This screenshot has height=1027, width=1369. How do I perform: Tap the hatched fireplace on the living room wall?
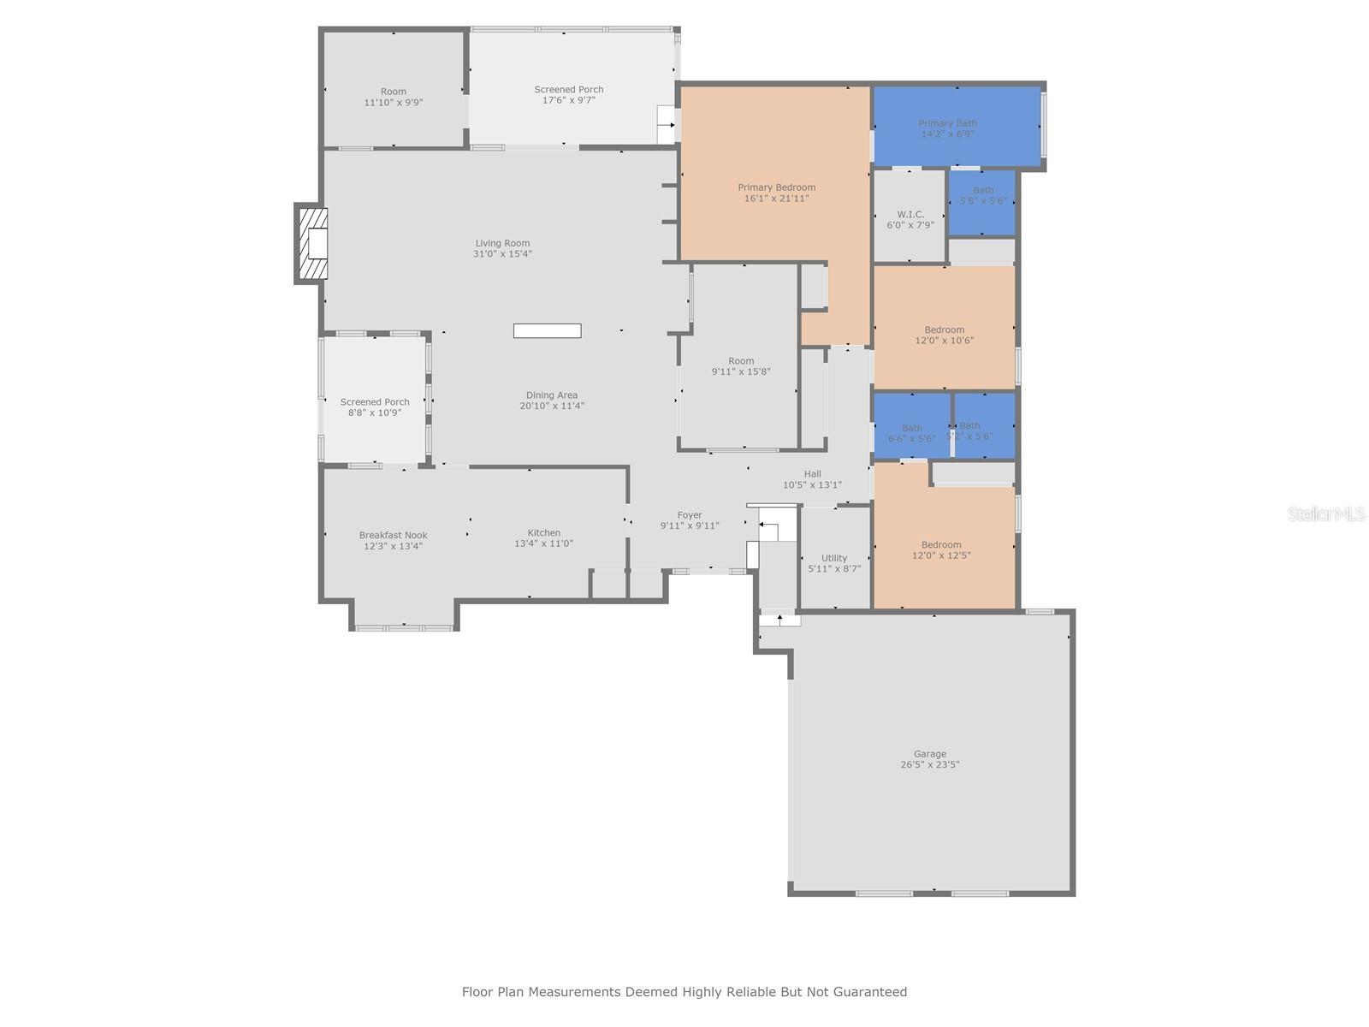[312, 244]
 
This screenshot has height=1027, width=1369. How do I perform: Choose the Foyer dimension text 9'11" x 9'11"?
[690, 526]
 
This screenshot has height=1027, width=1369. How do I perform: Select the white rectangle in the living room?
[547, 331]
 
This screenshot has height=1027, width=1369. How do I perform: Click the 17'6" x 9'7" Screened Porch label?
[569, 95]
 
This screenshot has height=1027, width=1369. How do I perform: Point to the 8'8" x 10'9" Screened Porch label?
[375, 407]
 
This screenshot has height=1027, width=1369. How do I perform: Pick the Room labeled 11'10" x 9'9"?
[394, 97]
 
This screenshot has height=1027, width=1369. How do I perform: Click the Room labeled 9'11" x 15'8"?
[741, 366]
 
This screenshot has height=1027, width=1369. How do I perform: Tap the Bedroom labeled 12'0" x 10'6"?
[944, 335]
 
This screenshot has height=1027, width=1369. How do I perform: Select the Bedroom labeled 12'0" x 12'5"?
[941, 549]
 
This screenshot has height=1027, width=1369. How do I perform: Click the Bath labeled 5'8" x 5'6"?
[983, 196]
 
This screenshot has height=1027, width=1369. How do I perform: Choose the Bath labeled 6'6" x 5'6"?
[911, 433]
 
